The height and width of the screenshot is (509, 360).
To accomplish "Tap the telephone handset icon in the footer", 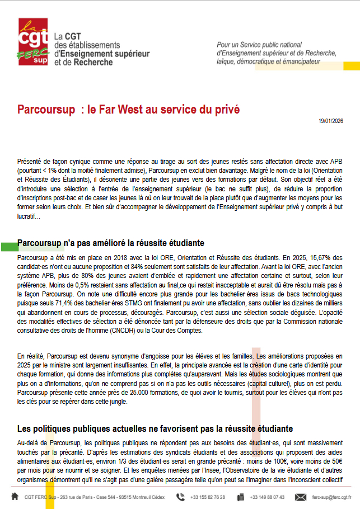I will tap(180, 497).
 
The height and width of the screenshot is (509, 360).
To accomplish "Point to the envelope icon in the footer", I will tap(301, 497).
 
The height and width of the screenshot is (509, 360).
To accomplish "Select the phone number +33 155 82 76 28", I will tap(208, 497).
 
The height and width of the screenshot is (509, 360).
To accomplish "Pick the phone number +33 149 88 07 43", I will tap(267, 497).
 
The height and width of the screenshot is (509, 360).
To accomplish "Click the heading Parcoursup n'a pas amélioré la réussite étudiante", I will tap(110, 243).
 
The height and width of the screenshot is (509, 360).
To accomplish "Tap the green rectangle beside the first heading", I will tap(8, 246).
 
